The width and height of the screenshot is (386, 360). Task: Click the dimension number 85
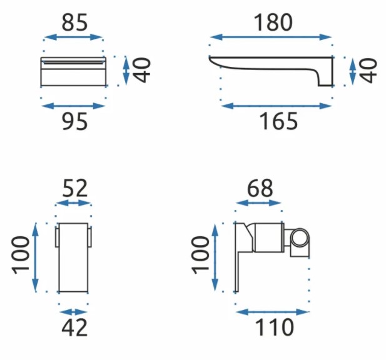pos(74,22)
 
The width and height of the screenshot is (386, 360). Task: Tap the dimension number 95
pos(74,121)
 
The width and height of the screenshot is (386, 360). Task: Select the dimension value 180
pos(273,22)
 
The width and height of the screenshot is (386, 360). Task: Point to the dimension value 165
pos(278,121)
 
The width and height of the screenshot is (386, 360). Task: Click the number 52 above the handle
pos(75,188)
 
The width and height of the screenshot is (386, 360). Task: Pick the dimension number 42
pos(74,327)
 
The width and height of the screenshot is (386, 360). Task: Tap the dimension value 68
pos(260,188)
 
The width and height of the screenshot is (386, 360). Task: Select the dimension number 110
pos(275,327)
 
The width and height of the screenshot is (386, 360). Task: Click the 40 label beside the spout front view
pos(142,70)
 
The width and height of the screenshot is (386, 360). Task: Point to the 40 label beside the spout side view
pos(368,71)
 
